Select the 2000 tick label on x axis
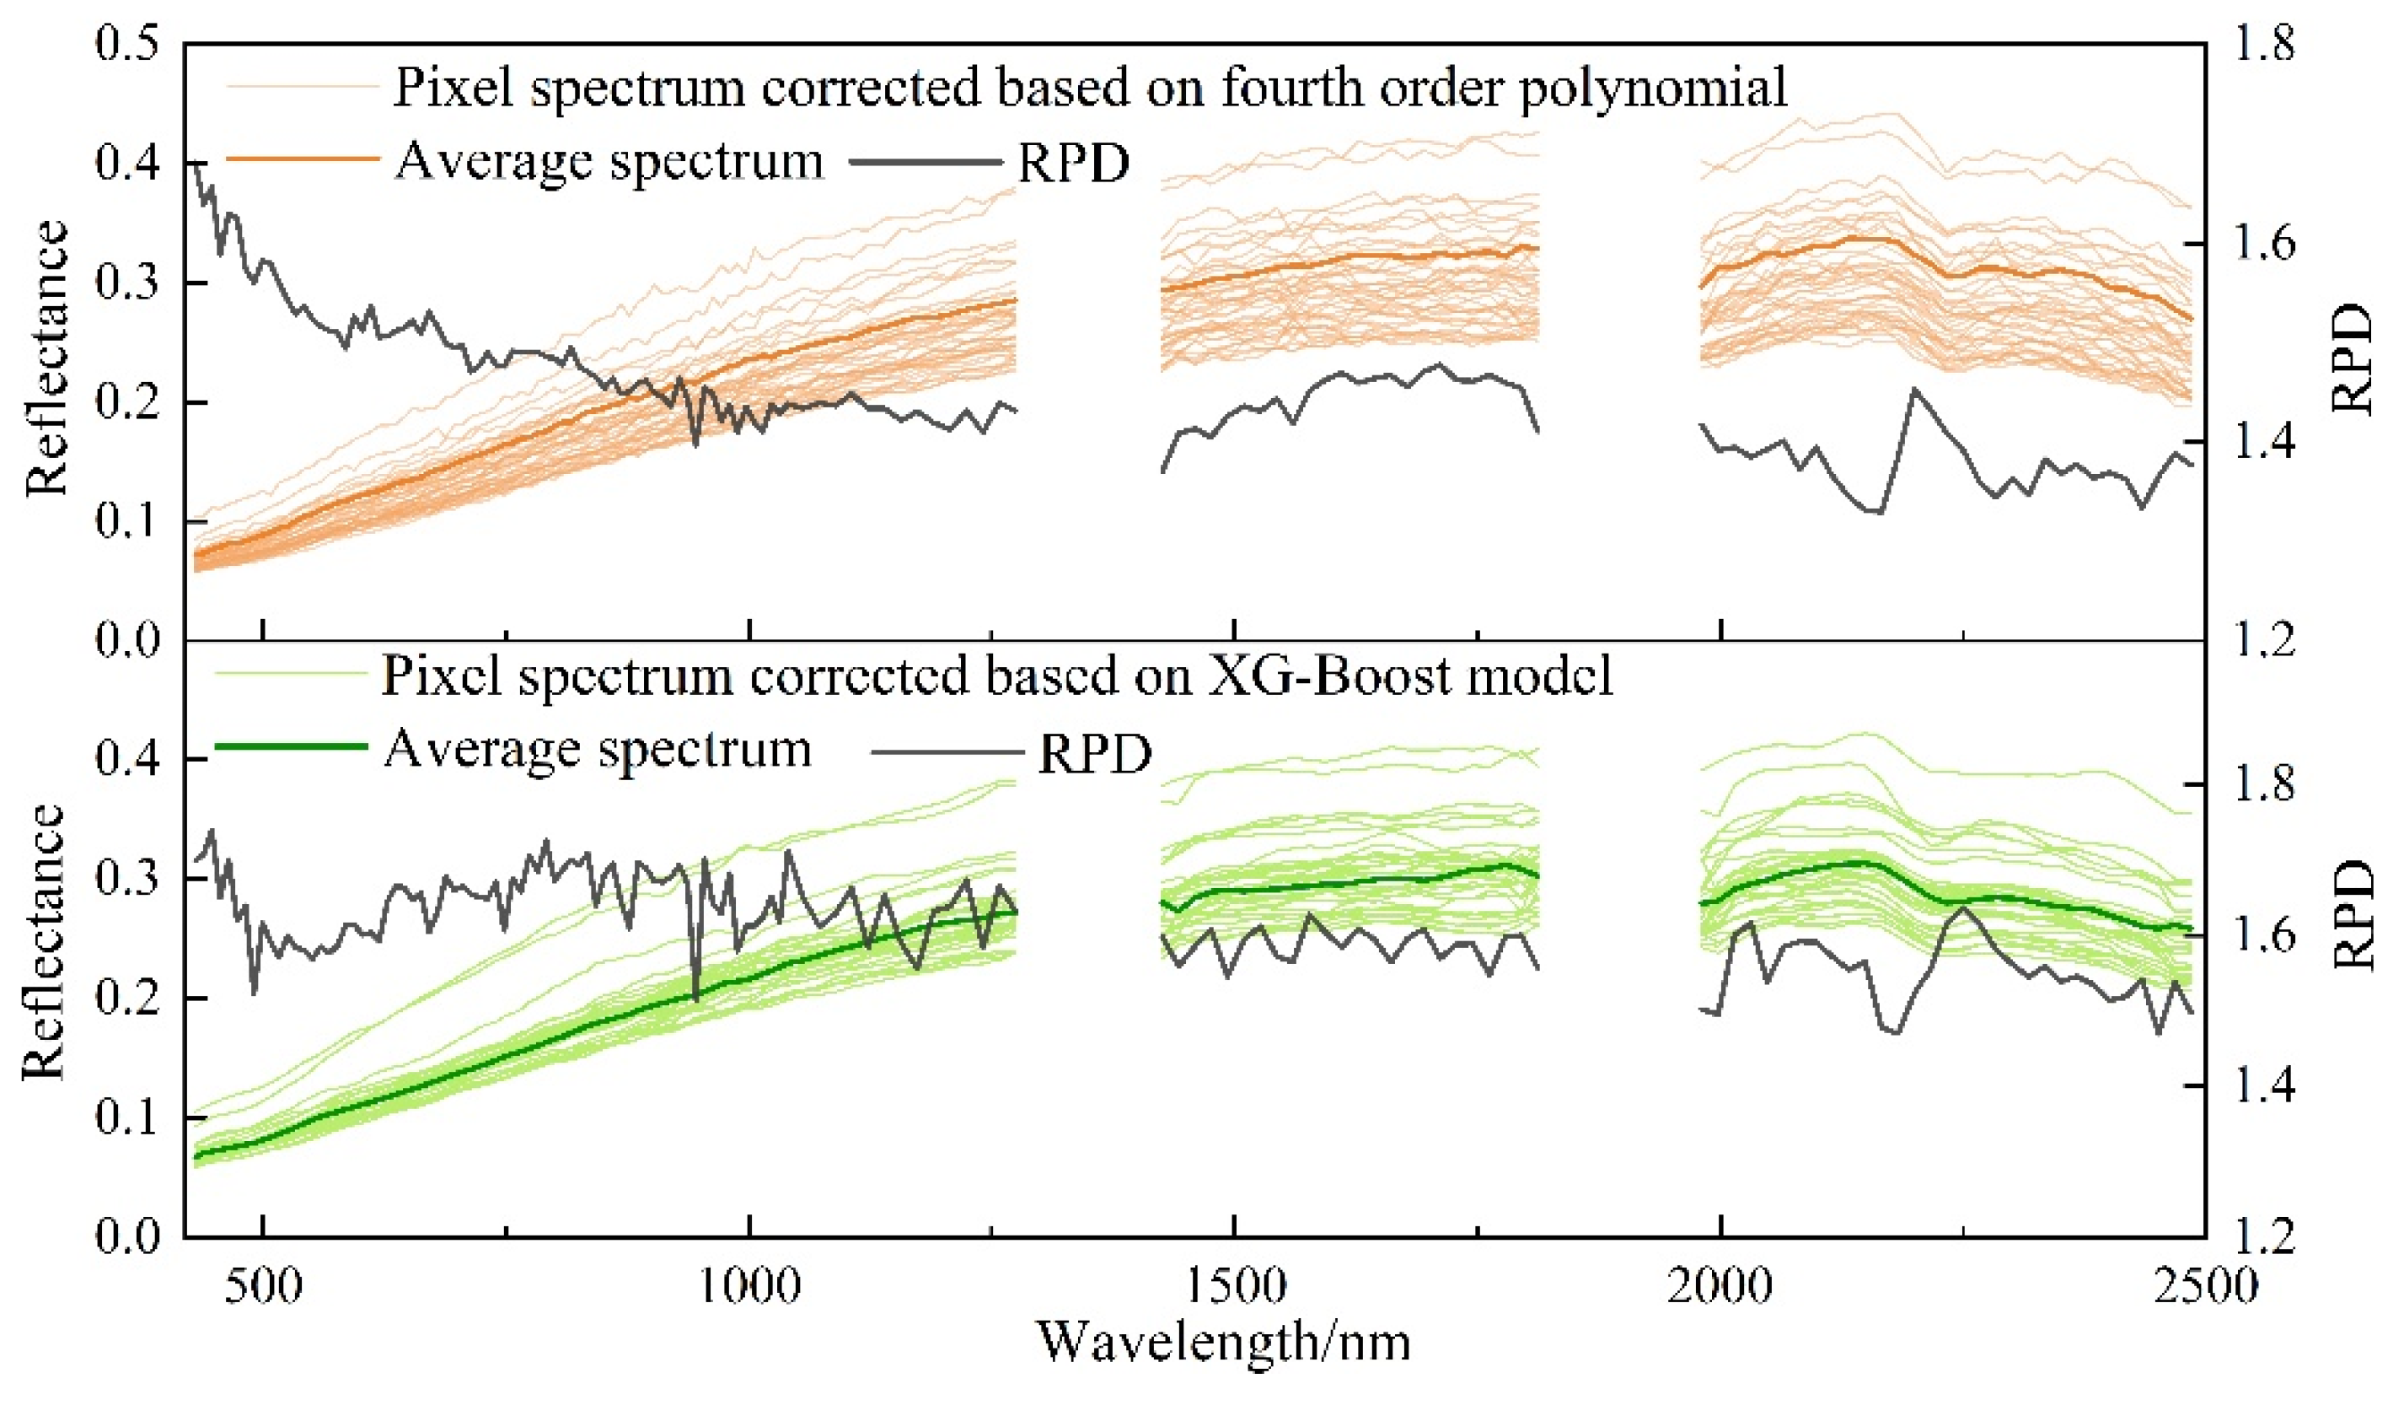tap(1720, 1286)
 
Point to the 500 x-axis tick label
tap(262, 1286)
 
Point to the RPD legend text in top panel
tap(1073, 163)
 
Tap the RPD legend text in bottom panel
tap(1095, 754)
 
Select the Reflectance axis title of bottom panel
tap(44, 942)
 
